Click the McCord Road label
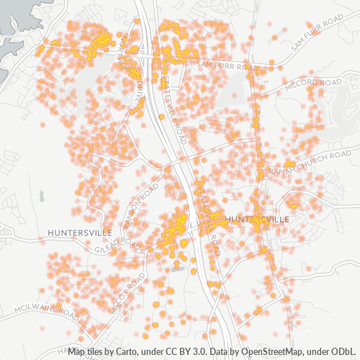point(312,84)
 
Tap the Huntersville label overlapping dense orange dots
point(257,218)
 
